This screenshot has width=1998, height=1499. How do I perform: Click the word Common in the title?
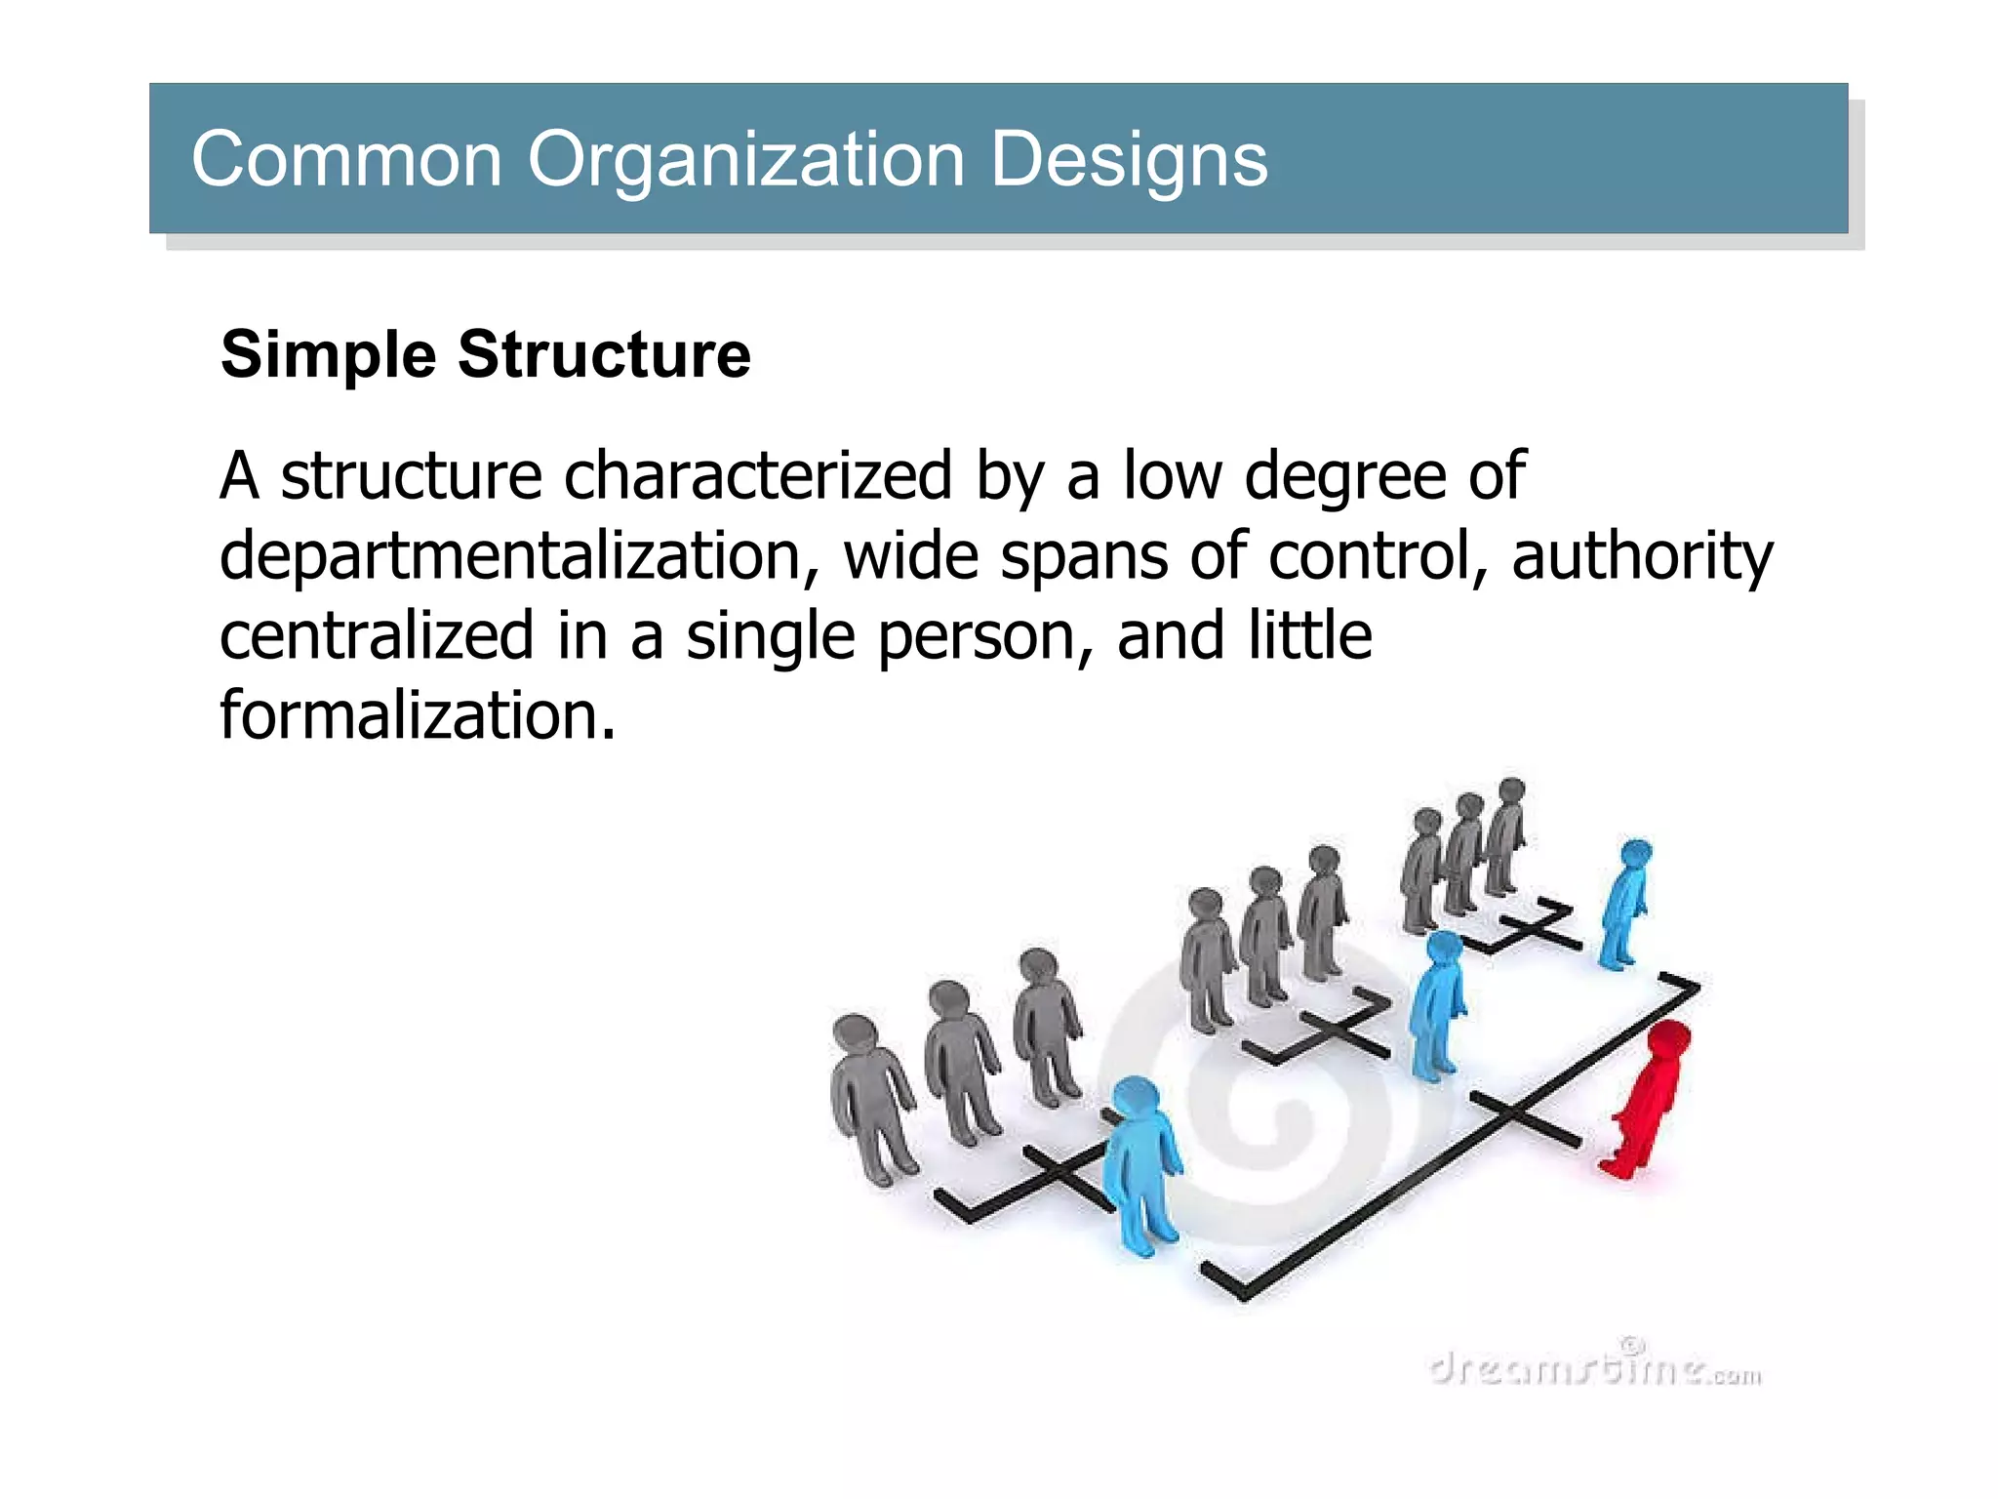click(x=346, y=159)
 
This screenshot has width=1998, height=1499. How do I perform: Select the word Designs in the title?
click(x=1129, y=161)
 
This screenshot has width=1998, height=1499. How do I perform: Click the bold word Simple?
click(x=328, y=355)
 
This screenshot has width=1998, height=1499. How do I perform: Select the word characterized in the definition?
click(x=758, y=476)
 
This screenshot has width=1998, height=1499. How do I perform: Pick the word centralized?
click(x=377, y=635)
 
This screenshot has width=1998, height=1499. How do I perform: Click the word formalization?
click(x=418, y=715)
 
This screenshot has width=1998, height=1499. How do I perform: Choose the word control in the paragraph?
click(x=1378, y=555)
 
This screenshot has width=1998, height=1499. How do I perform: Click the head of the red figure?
click(x=1668, y=1039)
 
